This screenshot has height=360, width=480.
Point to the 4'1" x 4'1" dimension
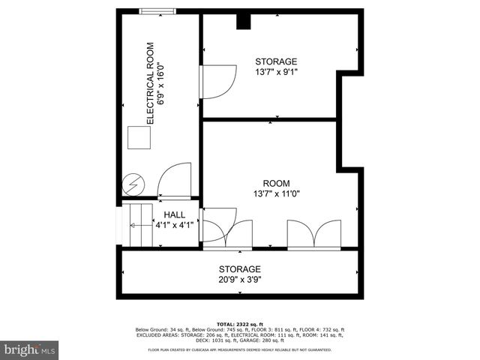175,224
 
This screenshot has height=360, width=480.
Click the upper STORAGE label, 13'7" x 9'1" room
276,61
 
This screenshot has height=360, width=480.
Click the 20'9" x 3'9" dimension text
240,280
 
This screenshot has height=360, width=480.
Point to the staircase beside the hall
138,224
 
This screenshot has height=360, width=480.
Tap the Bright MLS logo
30,349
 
